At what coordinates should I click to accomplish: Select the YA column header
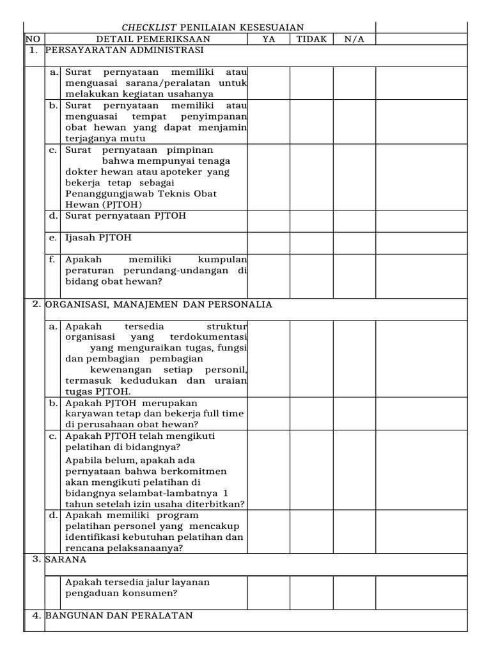pyautogui.click(x=269, y=39)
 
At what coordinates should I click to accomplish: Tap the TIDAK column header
pyautogui.click(x=311, y=39)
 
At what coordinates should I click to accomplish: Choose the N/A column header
pyautogui.click(x=354, y=39)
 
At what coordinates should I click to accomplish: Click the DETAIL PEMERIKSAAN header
pyautogui.click(x=146, y=39)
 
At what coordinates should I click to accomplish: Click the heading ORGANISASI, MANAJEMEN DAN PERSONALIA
pyautogui.click(x=159, y=304)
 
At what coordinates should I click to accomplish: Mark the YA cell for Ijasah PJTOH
pyautogui.click(x=269, y=242)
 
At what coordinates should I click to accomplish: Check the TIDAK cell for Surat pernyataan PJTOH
pyautogui.click(x=311, y=221)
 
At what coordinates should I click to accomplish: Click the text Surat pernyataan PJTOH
pyautogui.click(x=125, y=216)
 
